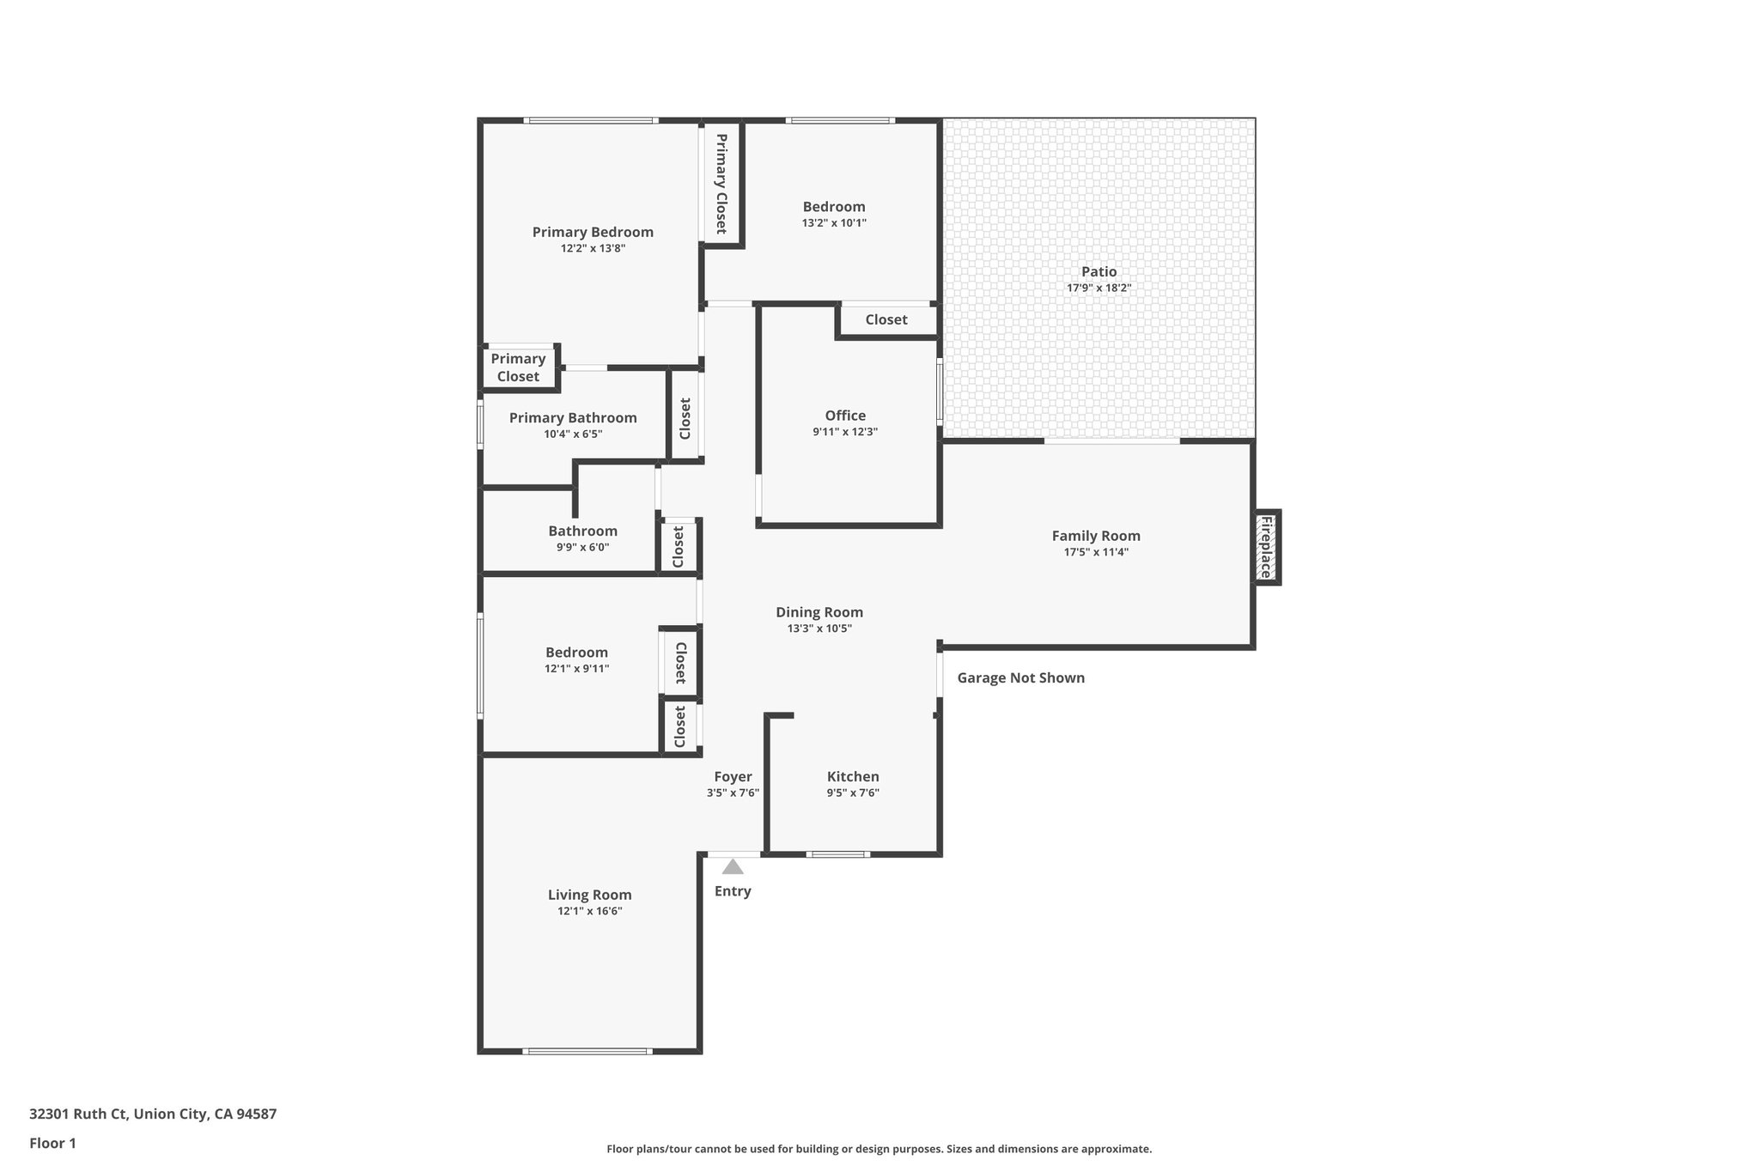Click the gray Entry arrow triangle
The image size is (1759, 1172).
point(733,867)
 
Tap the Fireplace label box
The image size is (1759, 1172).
point(1266,547)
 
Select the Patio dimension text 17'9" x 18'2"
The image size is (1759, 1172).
point(1099,288)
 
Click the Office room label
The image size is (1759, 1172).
point(845,416)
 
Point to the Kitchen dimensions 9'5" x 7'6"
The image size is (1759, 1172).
point(853,793)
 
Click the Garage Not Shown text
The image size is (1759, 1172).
point(1020,678)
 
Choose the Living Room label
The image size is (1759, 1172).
point(589,895)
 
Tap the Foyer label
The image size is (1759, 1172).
point(733,777)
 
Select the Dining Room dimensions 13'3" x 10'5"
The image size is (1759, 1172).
point(819,629)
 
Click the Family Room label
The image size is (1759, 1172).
point(1096,536)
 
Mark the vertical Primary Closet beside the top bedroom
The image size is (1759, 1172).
point(721,183)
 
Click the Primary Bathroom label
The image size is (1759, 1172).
point(573,418)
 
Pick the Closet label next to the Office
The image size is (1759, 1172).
point(886,320)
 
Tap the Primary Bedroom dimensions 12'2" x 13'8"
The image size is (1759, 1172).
point(593,249)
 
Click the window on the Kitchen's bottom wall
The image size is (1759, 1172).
point(838,854)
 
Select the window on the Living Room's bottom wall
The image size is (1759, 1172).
point(588,1051)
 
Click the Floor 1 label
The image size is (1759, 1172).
point(52,1144)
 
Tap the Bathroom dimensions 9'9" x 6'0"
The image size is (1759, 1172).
point(582,547)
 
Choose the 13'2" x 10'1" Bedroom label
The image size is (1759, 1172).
point(834,207)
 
